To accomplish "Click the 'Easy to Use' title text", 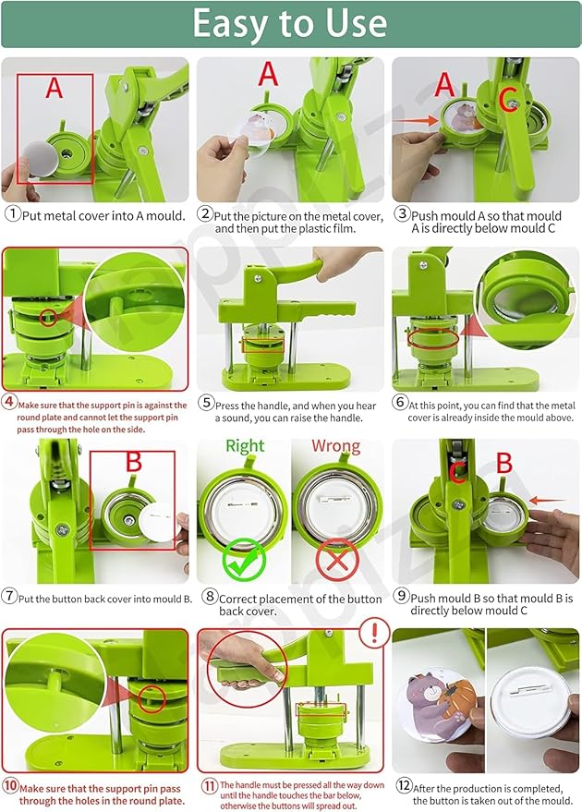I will pos(290,24).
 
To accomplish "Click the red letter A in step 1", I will pos(54,89).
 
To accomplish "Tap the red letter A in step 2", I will pos(268,74).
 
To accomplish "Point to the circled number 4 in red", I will pos(10,402).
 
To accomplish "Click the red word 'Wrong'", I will pos(335,446).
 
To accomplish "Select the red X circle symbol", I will pos(335,558).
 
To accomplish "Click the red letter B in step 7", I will pos(134,462).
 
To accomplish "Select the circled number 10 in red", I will pos(10,787).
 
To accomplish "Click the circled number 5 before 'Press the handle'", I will pos(205,405).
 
